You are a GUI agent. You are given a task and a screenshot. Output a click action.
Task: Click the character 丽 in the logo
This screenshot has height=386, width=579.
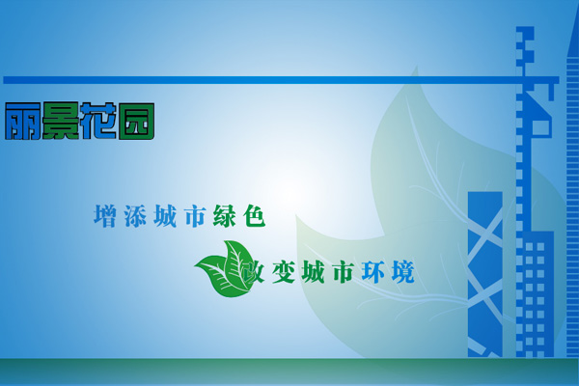(x=23, y=122)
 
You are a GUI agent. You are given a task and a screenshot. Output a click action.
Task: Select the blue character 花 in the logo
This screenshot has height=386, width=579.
(x=98, y=121)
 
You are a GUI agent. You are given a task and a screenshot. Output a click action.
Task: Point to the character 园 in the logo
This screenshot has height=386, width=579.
(x=136, y=122)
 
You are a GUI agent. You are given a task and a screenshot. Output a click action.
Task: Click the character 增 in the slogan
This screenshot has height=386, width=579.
(x=105, y=216)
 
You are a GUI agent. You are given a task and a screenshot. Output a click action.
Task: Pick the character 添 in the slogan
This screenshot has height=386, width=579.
(x=135, y=216)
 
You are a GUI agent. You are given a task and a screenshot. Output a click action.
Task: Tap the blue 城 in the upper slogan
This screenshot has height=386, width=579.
(x=165, y=216)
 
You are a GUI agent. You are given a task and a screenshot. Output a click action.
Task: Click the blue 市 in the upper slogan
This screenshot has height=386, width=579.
(x=195, y=216)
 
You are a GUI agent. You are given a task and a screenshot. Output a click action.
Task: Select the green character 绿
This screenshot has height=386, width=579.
(x=225, y=216)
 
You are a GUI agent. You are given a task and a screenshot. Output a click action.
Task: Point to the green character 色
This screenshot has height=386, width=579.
(x=255, y=216)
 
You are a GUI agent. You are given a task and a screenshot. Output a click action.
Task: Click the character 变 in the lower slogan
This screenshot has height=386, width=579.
(x=283, y=272)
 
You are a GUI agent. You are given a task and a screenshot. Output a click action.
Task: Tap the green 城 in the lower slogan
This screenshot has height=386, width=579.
(x=313, y=272)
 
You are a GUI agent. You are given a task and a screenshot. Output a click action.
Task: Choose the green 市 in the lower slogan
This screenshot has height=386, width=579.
(x=343, y=272)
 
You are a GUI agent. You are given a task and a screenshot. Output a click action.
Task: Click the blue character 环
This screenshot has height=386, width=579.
(x=372, y=272)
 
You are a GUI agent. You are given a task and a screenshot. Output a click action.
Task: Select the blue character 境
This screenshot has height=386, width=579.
(x=402, y=272)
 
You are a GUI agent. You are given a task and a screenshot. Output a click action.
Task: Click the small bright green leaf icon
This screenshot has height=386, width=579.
(x=225, y=269)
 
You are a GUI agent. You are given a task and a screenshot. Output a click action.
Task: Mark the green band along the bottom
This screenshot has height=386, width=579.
(x=289, y=372)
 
